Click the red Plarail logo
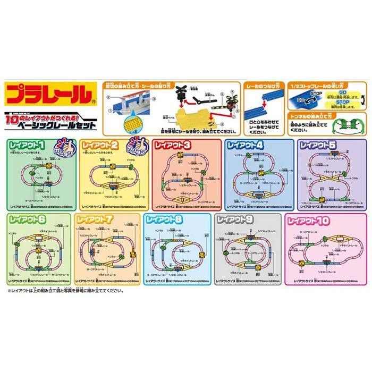(x=47, y=94)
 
